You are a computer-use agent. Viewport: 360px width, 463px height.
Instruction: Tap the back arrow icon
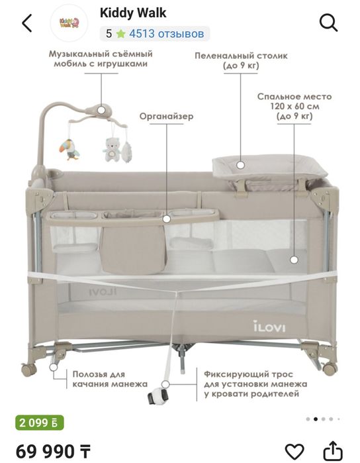tap(27, 23)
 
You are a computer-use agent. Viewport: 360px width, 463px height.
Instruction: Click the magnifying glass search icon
tap(328, 23)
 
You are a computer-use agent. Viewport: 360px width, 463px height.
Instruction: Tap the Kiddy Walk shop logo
tap(69, 23)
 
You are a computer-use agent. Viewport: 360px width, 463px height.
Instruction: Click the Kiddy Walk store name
tap(133, 13)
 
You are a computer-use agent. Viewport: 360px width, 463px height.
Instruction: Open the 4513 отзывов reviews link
tap(166, 34)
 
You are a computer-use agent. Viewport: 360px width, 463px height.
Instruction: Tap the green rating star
tap(120, 34)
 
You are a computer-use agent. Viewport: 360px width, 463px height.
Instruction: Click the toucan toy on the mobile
tap(69, 150)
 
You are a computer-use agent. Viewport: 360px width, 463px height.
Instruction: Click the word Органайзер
tap(166, 116)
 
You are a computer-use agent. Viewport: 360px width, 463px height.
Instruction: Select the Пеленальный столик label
tap(241, 60)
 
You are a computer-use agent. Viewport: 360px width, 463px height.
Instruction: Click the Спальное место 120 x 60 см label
tap(294, 106)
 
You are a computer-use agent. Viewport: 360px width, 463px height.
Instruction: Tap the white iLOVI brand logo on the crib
tap(269, 327)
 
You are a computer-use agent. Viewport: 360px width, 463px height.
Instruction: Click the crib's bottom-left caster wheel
tap(29, 370)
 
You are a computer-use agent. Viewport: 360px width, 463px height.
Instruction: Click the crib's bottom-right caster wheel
tap(330, 368)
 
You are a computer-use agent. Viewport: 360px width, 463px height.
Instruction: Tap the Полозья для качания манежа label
tap(110, 379)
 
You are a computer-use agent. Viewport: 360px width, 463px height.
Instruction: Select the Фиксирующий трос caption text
tap(255, 384)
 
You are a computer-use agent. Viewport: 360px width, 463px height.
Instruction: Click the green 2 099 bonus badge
tap(40, 423)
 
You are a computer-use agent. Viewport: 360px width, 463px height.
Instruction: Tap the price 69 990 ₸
tap(53, 452)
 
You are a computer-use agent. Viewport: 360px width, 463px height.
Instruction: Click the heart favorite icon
tap(294, 452)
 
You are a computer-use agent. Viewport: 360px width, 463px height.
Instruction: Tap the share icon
tap(333, 451)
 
